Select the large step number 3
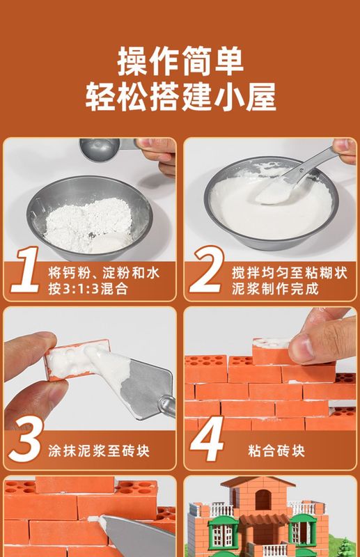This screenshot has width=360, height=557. coord(26,439)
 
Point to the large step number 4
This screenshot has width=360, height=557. coord(207,439)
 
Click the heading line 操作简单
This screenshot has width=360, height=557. coord(180,61)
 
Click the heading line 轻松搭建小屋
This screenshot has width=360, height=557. coord(180,96)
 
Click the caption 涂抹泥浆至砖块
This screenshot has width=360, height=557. coord(99,450)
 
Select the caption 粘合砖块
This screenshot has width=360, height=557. coord(276,450)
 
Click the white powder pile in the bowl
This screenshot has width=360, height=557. coord(89,223)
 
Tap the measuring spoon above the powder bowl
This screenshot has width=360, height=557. coord(107,148)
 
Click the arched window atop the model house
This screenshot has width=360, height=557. coord(263,500)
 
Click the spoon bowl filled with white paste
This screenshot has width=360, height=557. coord(276,193)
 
